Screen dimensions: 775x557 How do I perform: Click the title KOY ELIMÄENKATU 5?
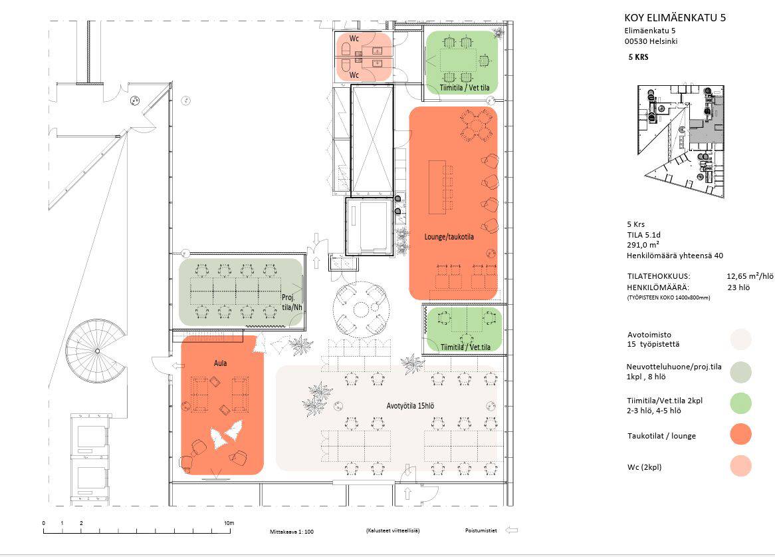tap(675, 18)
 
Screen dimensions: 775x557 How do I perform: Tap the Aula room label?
tap(221, 363)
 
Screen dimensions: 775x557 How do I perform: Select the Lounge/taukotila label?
tap(449, 237)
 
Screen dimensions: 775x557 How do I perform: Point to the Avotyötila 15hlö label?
tap(410, 406)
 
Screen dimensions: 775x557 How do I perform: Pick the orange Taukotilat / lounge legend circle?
tap(740, 435)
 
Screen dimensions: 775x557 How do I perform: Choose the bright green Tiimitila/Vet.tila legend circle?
tap(740, 403)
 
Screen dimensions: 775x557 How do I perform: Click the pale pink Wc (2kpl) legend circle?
tap(740, 466)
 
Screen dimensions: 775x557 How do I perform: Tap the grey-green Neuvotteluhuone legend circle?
tap(740, 372)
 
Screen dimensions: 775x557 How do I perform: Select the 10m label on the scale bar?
tap(229, 523)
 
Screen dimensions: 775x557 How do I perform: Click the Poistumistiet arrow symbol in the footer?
tap(512, 530)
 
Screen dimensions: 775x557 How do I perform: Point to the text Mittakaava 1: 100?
tap(292, 532)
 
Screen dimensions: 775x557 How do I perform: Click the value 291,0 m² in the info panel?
tap(643, 245)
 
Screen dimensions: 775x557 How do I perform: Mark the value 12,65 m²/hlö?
tap(750, 276)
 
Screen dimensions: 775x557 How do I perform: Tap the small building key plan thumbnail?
tap(681, 142)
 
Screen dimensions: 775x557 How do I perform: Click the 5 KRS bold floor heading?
tap(638, 57)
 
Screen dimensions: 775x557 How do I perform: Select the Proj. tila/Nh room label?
tap(292, 302)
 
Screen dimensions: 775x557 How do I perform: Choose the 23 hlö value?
tap(738, 287)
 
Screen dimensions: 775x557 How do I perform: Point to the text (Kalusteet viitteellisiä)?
tap(392, 530)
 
